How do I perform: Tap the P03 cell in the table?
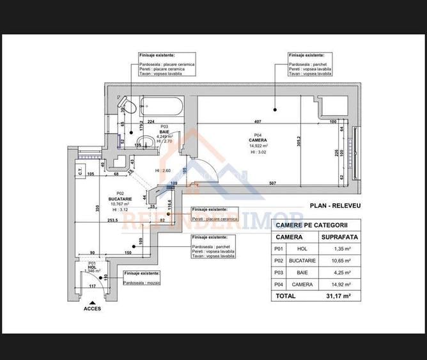point(278,272)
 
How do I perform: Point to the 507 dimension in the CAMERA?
point(272,184)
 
